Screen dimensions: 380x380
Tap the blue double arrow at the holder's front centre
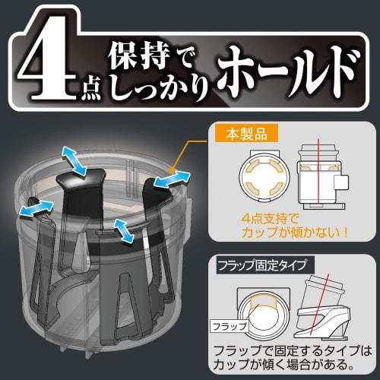point(122,230)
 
